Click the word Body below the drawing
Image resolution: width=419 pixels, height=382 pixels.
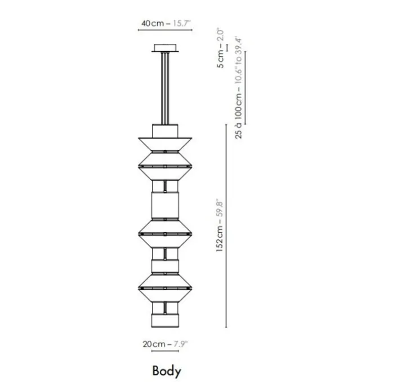[x=167, y=371]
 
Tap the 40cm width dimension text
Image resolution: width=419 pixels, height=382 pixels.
[x=153, y=23]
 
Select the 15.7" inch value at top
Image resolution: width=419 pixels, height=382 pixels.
[x=182, y=23]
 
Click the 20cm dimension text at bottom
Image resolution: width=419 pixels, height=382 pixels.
[x=154, y=344]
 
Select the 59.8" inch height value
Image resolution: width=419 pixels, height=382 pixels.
[x=220, y=209]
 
